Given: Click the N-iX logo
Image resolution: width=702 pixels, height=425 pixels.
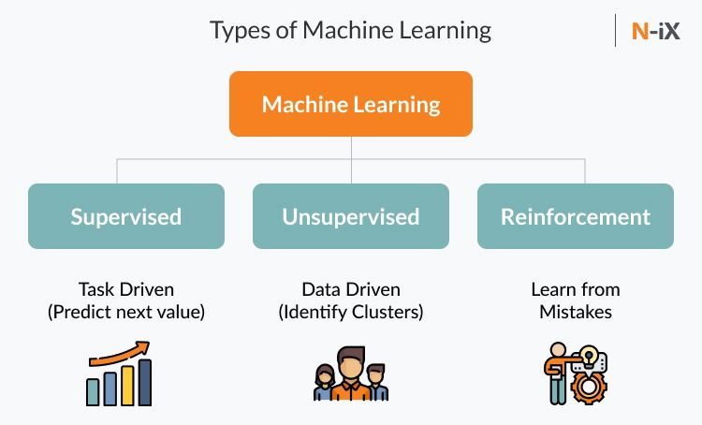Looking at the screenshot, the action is [655, 31].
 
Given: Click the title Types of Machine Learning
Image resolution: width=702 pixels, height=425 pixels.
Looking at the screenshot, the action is [351, 31].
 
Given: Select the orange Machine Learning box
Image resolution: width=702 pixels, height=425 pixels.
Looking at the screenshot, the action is [351, 104].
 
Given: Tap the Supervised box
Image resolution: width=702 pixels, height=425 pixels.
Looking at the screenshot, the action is [126, 216].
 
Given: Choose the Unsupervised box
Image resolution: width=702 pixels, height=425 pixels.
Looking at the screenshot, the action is [351, 216].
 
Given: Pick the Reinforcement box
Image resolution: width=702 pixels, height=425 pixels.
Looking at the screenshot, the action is [576, 216].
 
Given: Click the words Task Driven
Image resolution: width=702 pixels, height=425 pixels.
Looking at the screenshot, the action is [126, 289].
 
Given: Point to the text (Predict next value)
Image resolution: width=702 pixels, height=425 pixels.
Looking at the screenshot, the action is [126, 312].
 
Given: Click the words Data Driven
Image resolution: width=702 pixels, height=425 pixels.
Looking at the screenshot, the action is [351, 289].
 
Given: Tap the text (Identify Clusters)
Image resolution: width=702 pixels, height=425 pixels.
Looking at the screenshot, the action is [351, 312].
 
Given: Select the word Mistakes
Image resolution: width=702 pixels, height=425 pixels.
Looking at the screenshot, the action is [576, 312].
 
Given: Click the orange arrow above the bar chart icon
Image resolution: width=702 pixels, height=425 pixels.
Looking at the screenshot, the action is [120, 354].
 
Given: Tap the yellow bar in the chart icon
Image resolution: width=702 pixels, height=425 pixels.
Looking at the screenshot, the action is [127, 386].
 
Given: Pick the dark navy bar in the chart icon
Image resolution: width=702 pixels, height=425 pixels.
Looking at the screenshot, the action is [145, 382].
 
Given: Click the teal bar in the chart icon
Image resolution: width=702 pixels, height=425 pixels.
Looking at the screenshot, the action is [93, 392].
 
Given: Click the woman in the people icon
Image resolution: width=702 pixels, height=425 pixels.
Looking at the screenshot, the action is [325, 382].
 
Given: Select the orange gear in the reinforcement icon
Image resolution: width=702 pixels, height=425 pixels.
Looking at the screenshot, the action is [589, 388].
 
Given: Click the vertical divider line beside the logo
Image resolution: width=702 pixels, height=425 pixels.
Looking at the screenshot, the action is [616, 31].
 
